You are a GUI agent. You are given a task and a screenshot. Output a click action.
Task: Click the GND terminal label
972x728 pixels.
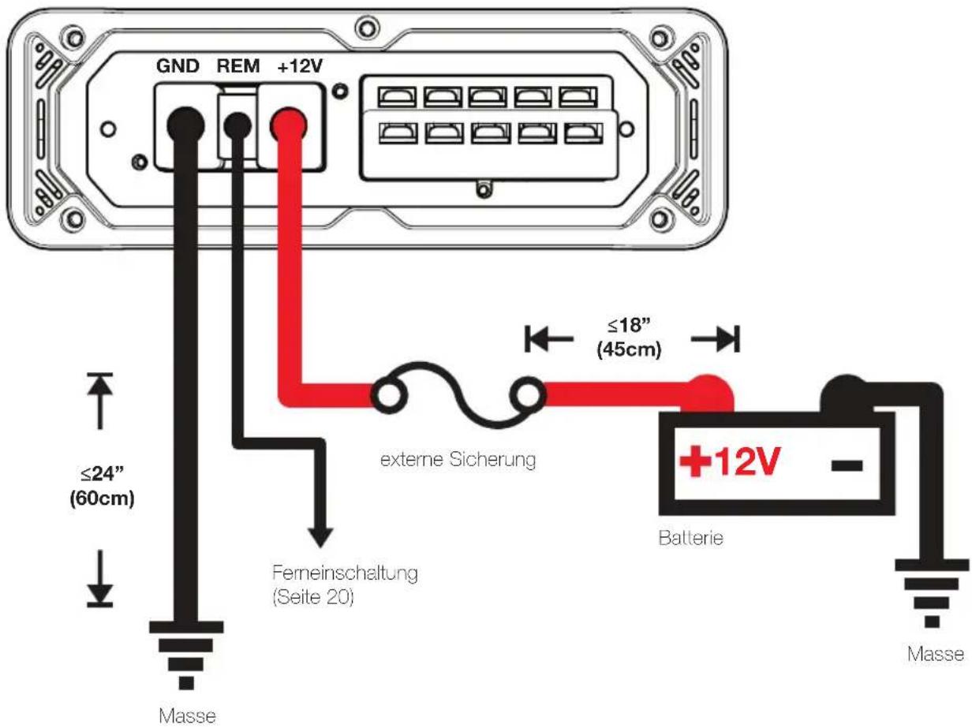click(178, 66)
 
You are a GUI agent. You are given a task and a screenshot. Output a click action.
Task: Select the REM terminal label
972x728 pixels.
click(237, 66)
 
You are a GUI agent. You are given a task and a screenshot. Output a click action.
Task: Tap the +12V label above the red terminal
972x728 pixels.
click(301, 66)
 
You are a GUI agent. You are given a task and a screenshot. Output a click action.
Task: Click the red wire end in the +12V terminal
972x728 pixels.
click(288, 125)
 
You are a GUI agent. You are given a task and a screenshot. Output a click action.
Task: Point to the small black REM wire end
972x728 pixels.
click(237, 125)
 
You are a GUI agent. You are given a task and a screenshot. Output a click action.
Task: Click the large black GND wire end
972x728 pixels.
click(185, 125)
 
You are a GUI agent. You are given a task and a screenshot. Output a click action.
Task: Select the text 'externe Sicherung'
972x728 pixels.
click(458, 459)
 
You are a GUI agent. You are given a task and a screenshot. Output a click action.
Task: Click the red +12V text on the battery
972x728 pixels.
click(729, 461)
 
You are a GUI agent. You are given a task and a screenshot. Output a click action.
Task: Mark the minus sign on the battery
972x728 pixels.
click(847, 465)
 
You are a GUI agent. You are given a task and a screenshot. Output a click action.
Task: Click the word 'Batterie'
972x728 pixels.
click(691, 538)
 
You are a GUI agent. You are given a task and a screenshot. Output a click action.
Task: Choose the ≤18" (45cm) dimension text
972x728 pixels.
click(629, 338)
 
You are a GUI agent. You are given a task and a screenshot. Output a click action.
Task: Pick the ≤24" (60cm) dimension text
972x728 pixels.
click(102, 487)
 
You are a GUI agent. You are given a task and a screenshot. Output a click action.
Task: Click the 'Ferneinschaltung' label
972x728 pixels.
click(345, 573)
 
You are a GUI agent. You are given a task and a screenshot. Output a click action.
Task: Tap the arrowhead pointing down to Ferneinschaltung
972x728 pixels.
click(320, 537)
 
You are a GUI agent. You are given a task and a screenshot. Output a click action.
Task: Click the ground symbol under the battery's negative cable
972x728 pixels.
click(932, 593)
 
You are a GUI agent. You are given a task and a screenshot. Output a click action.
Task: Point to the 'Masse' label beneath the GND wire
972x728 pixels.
click(187, 716)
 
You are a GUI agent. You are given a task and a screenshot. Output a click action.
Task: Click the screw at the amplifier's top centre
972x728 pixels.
click(367, 28)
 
